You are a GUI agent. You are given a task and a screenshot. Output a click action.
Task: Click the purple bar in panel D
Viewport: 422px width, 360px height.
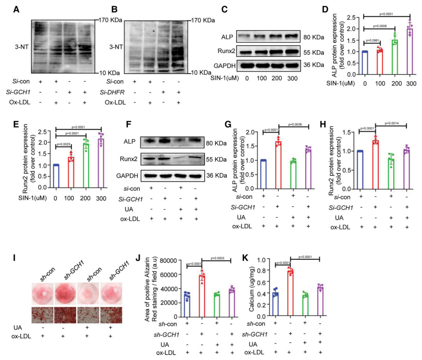tap(398, 52)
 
